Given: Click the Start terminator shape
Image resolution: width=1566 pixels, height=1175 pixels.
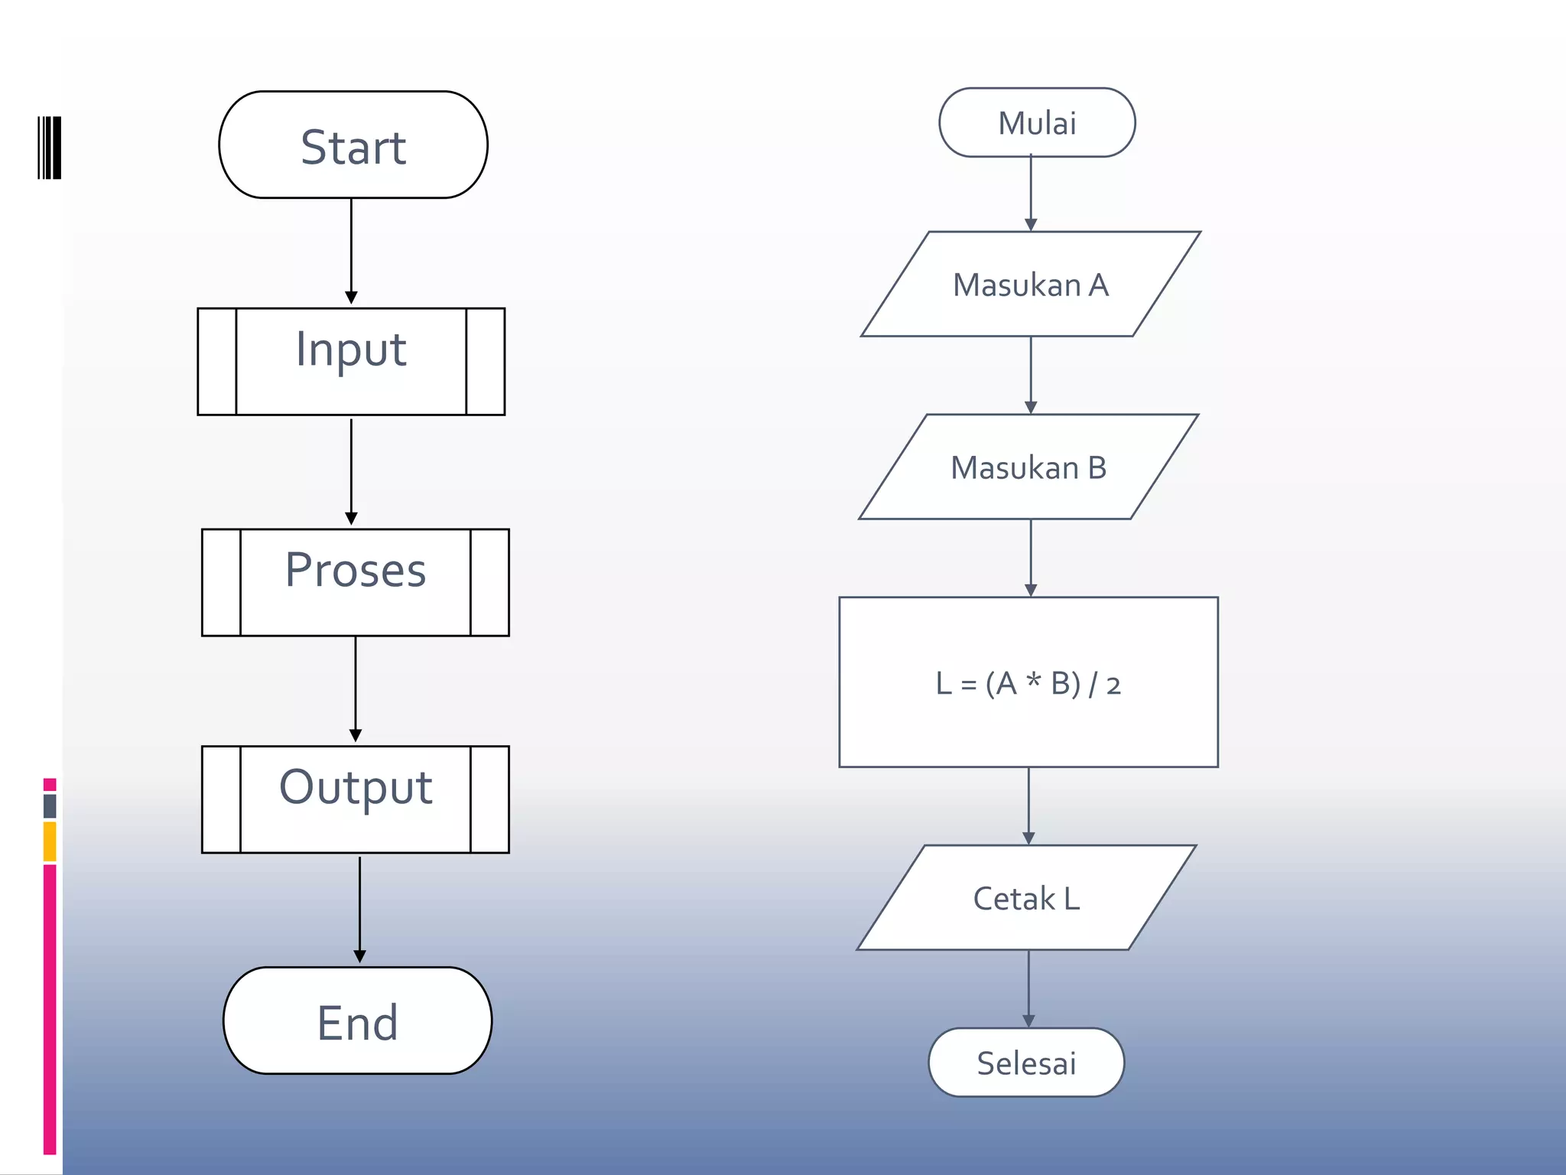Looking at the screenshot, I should click(x=353, y=145).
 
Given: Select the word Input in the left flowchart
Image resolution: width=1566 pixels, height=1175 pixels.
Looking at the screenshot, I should click(x=351, y=350).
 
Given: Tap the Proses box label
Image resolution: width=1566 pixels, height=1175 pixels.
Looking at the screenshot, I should click(x=356, y=571).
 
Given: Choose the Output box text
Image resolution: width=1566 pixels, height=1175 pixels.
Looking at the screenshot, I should click(x=356, y=788).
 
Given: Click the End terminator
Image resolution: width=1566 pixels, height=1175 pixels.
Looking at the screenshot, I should click(x=357, y=1021).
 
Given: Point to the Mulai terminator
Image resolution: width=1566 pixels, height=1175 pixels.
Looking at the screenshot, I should click(x=1037, y=123).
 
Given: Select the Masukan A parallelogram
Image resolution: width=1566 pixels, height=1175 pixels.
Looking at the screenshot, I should click(x=1030, y=285).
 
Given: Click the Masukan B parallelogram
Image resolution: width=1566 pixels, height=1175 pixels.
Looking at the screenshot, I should click(x=1028, y=467).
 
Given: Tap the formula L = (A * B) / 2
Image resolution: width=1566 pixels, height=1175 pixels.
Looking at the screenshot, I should click(x=1028, y=683).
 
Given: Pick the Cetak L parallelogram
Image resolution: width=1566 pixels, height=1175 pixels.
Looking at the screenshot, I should click(x=1026, y=898).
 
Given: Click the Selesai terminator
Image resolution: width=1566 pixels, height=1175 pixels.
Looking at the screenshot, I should click(x=1026, y=1063).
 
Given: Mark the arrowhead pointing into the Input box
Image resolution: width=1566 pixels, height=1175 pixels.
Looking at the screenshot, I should click(x=351, y=298).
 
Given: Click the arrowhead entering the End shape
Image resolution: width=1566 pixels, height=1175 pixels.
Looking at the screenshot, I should click(x=359, y=956).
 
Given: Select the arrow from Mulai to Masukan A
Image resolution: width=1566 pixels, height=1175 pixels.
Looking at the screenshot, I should click(x=1031, y=191).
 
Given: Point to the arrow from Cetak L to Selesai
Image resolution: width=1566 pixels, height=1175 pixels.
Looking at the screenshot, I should click(x=1028, y=987).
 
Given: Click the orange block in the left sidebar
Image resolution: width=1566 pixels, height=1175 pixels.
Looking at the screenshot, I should click(x=50, y=841).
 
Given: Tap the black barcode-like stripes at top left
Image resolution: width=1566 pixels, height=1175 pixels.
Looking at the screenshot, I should click(x=50, y=148).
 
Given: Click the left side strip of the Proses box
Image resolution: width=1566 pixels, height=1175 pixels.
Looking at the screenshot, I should click(x=221, y=582).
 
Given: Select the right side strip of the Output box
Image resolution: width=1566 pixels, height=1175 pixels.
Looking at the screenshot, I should click(x=489, y=799).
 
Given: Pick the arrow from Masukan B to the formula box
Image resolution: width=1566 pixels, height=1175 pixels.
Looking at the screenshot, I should click(x=1031, y=557).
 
